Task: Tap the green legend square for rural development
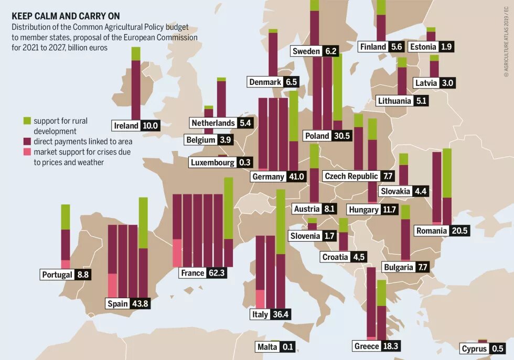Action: click(28, 121)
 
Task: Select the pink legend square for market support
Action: click(28, 152)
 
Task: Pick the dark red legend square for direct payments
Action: click(28, 141)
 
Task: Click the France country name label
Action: click(192, 273)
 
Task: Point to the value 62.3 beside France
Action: click(216, 273)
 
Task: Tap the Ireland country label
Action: click(126, 126)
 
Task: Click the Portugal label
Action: click(57, 275)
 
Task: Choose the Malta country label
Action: click(267, 347)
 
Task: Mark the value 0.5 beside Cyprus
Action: click(497, 349)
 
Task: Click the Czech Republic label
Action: click(351, 176)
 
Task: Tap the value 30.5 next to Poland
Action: click(341, 136)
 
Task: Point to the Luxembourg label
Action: click(212, 162)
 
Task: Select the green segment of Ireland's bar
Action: click(136, 53)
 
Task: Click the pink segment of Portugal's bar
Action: click(66, 264)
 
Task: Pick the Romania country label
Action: click(431, 231)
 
